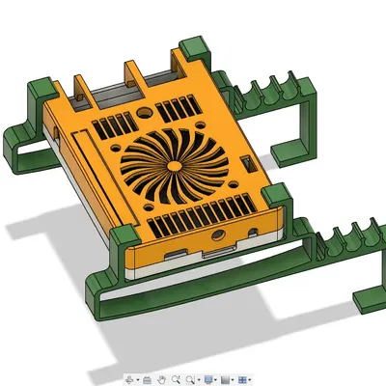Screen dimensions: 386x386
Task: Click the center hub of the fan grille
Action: click(175, 167)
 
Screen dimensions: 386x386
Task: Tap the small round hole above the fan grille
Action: click(145, 113)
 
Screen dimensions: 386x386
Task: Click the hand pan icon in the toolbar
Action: click(163, 379)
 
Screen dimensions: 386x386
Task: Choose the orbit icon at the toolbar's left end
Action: click(129, 379)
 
